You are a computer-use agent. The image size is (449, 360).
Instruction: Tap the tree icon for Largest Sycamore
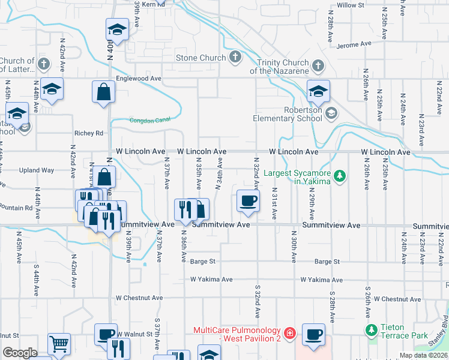tap(341, 175)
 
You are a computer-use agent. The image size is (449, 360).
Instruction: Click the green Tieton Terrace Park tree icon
tap(371, 329)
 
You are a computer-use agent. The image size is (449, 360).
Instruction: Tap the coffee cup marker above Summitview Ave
tap(247, 200)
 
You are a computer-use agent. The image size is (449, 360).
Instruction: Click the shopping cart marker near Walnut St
tap(59, 344)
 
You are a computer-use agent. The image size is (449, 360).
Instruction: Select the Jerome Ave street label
tap(354, 44)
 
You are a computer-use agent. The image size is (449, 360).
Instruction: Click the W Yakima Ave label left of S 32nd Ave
tap(211, 280)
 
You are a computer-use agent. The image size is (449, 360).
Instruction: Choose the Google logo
tap(20, 353)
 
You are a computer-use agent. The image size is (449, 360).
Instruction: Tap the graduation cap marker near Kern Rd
tap(117, 29)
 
